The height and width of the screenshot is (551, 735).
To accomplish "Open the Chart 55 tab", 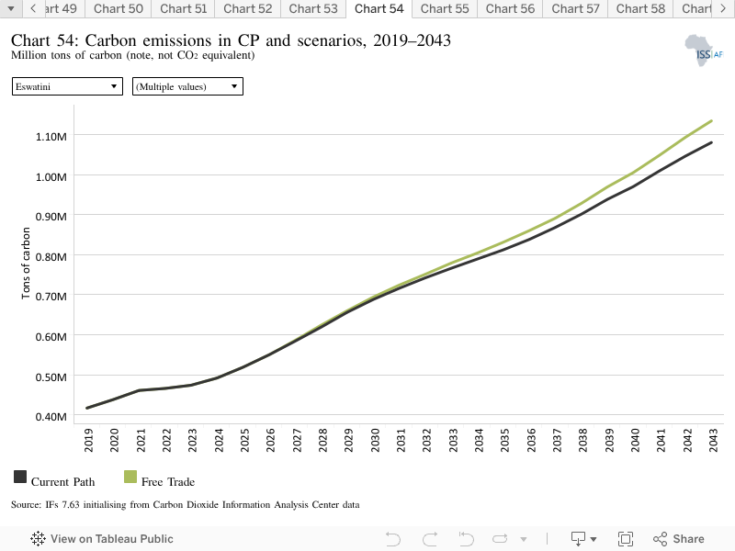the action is pos(445,9).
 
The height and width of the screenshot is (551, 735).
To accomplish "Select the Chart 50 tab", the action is pos(119,9).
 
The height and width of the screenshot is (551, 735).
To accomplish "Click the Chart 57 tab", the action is pos(575,9).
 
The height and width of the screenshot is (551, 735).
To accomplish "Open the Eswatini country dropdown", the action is pos(67,86).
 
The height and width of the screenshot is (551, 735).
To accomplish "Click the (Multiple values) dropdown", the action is pos(187,86).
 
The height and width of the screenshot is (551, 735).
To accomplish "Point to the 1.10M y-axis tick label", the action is pos(51,136).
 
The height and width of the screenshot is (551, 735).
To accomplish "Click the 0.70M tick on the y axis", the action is pos(51,297).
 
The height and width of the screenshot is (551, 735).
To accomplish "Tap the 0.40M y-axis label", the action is pos(51,417).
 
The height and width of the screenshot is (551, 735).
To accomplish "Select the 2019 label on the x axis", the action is pos(88,441).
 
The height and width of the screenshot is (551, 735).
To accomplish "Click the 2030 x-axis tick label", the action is pos(375,441).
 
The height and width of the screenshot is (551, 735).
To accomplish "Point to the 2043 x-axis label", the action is pos(713,441).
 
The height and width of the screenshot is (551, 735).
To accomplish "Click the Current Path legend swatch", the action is pos(20,477).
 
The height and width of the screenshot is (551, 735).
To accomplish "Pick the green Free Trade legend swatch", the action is pos(130,477).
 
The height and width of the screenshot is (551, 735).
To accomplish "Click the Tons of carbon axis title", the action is pos(26,264).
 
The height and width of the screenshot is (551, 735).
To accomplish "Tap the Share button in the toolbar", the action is pos(678,539).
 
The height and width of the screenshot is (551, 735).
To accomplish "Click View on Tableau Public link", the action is pos(102,539).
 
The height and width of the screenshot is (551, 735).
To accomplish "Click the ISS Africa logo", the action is pos(704,51).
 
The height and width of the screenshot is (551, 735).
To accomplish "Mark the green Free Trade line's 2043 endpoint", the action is pos(711,121).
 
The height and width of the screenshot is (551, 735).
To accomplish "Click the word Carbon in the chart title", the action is pos(110,40).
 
